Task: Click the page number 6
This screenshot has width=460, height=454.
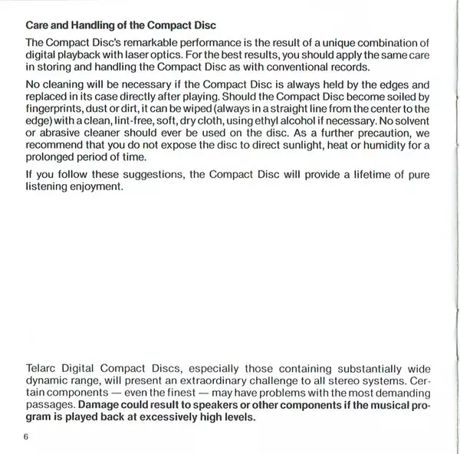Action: click(25, 438)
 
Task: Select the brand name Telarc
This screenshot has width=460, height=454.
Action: click(42, 367)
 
